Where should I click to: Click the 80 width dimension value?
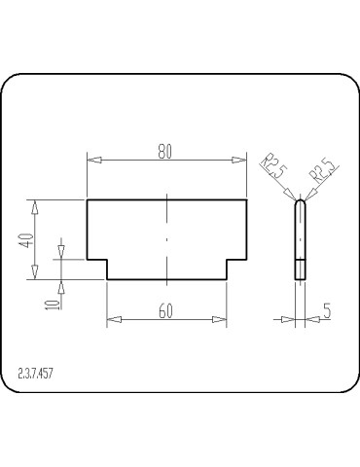[x=164, y=152]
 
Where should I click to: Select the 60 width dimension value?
[x=165, y=311]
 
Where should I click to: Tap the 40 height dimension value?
[x=27, y=240]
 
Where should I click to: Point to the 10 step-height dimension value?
[x=53, y=305]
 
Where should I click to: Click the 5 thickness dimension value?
[x=327, y=310]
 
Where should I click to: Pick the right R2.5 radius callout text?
[x=322, y=170]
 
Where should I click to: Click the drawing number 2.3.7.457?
[x=35, y=374]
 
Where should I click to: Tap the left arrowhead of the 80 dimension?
[x=94, y=160]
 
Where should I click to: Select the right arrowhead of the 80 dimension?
[x=239, y=160]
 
